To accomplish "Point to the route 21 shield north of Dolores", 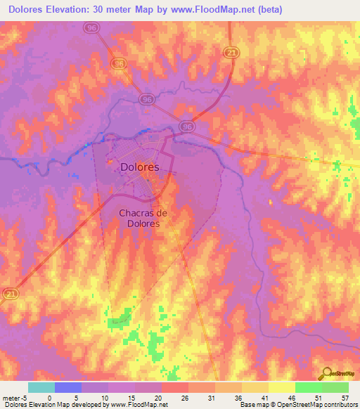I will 231,52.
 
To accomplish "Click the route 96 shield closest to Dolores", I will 186,126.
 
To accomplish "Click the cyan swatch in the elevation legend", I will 41,387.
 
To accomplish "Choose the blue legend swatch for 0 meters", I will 67,387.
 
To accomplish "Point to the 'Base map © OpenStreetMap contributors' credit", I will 298,405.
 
